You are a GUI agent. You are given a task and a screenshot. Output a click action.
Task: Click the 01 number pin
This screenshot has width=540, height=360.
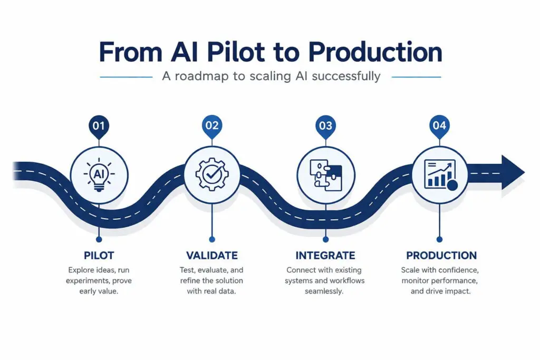pos(99,127)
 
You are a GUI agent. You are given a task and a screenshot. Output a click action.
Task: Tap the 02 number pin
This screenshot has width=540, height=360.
pos(211,127)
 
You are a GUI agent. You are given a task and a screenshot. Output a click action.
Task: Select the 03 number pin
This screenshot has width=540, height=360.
pos(325,127)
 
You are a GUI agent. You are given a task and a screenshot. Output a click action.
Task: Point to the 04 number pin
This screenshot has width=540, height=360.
pos(439,127)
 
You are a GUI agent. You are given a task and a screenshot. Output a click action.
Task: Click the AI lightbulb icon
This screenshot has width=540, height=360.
pos(99,174)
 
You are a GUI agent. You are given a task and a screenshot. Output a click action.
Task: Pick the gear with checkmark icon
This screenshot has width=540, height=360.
pos(211,174)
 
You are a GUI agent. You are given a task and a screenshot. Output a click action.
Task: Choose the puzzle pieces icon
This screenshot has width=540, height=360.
pos(325,174)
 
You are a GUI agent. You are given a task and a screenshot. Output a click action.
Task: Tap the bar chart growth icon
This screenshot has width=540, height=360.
pos(439,174)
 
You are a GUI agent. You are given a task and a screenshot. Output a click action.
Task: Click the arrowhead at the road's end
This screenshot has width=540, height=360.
pos(512,172)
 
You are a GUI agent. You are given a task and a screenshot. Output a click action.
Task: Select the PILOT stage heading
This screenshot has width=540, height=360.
pos(99,256)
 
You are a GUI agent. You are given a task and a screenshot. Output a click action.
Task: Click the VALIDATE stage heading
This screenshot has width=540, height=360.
pos(211,256)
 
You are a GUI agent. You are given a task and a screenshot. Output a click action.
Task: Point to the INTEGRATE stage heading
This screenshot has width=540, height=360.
pos(325,256)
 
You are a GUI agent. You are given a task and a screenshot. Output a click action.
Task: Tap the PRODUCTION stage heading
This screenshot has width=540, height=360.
pos(441,256)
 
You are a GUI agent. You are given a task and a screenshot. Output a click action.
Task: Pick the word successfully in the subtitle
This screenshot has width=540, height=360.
pos(346,76)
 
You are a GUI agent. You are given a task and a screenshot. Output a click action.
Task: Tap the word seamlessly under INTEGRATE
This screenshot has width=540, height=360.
pos(324,291)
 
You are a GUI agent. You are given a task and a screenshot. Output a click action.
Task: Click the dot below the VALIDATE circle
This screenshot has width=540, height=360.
pos(211,238)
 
